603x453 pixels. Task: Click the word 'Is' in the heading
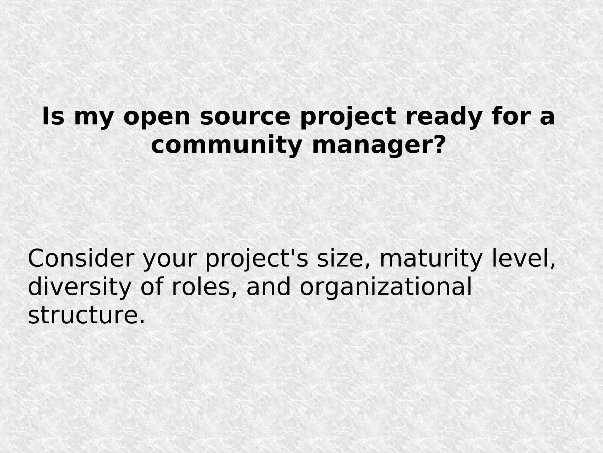[53, 117]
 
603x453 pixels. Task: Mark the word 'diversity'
[79, 287]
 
